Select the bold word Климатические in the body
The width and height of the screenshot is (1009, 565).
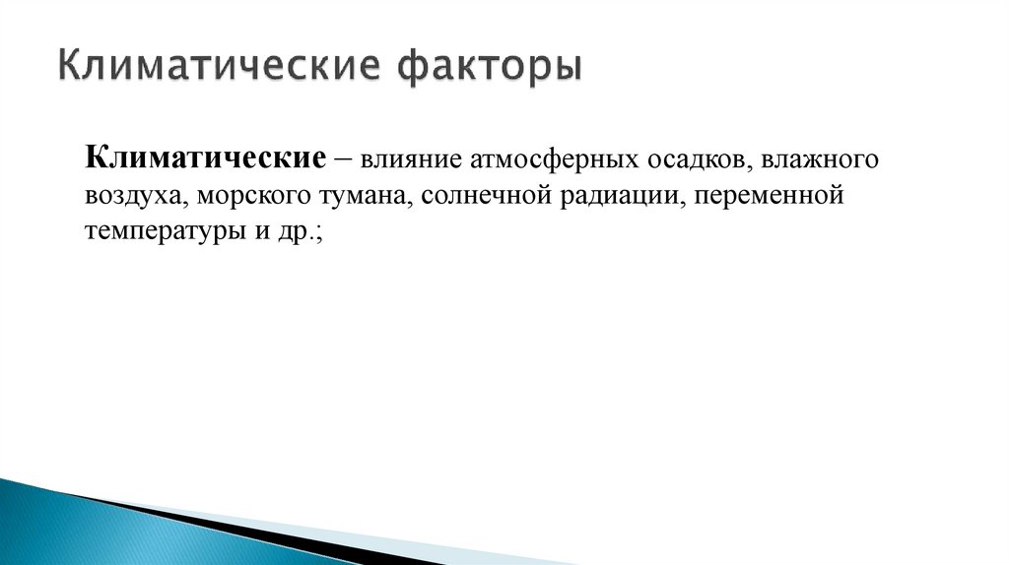pyautogui.click(x=206, y=157)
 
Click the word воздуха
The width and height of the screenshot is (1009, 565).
pyautogui.click(x=135, y=195)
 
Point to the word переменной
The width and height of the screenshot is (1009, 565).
pyautogui.click(x=771, y=195)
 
